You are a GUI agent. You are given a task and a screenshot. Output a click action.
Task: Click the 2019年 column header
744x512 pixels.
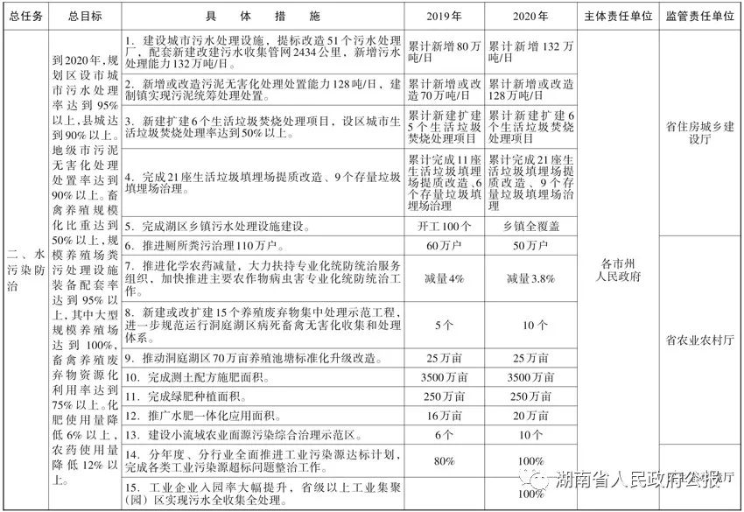click(445, 17)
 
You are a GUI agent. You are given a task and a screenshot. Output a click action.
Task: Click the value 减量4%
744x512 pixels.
click(444, 278)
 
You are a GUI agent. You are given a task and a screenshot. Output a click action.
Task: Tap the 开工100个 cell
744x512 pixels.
click(444, 227)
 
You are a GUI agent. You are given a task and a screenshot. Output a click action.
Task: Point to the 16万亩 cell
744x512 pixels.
click(444, 416)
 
